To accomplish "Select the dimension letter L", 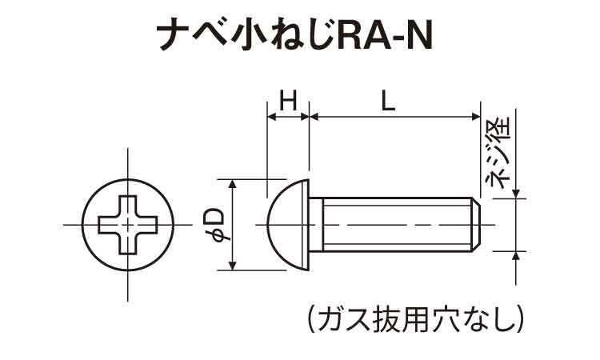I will [x=389, y=101].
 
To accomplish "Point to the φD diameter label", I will [x=215, y=225].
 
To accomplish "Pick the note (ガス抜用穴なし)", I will [x=415, y=318].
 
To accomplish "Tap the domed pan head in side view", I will [x=288, y=225].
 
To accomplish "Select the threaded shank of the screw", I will [x=392, y=225].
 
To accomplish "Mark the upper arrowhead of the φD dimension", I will [x=233, y=185].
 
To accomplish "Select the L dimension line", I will [x=392, y=118].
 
